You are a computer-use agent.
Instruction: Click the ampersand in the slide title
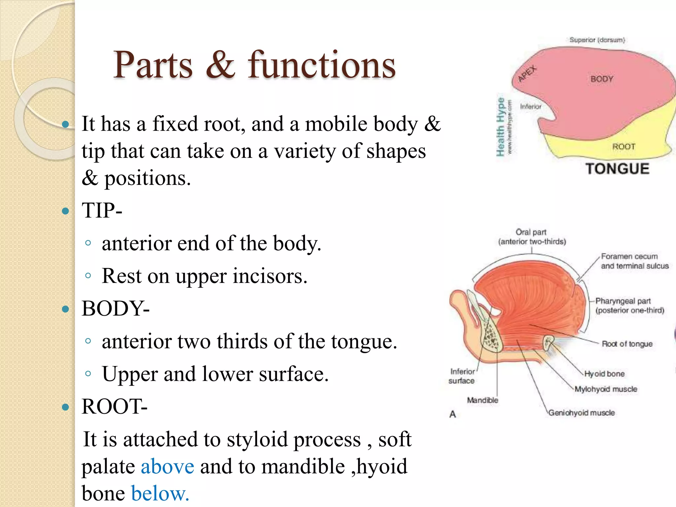coord(220,65)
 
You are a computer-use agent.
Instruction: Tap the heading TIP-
coord(102,210)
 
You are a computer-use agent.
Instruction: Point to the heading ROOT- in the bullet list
coord(114,406)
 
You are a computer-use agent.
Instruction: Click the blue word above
coord(167,466)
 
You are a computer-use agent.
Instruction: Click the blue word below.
coord(160,493)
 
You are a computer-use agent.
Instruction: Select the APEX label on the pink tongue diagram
coord(527,74)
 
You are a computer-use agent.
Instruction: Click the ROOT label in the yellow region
coord(624,147)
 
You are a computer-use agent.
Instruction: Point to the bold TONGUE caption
coord(617,169)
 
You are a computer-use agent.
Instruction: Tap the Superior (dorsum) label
coord(597,40)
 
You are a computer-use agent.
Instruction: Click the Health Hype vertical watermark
coord(501,127)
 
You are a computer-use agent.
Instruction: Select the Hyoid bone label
coord(604,374)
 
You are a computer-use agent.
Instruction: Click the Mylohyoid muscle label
coord(606,389)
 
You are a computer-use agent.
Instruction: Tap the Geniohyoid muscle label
coord(582,413)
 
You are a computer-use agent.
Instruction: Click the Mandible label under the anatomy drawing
coord(482,400)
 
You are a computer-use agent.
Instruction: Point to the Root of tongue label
coord(627,344)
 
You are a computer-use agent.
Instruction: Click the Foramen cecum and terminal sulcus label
coord(634,261)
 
